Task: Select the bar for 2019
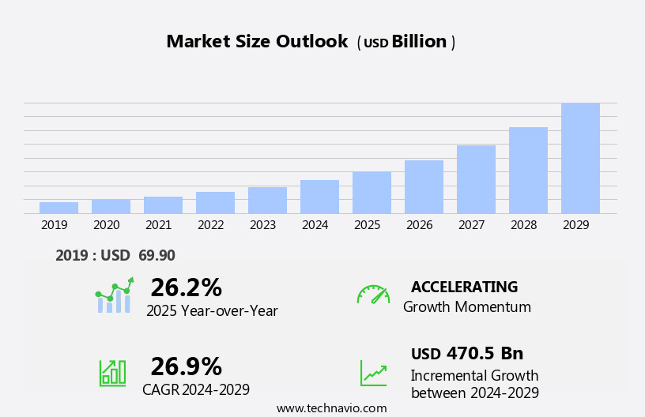58,208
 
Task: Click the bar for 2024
319,197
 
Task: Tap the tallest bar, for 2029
580,158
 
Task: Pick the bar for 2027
476,179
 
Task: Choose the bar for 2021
163,205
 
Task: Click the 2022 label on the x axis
210,225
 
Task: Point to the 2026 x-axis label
419,225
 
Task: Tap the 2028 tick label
523,225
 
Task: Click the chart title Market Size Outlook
257,42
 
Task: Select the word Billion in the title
419,42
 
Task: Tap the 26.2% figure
186,287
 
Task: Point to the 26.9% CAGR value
186,366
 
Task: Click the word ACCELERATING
464,287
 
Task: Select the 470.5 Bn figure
485,353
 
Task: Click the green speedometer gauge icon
373,295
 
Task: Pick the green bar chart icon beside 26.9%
112,372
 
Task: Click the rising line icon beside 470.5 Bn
373,373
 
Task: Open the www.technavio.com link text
331,408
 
